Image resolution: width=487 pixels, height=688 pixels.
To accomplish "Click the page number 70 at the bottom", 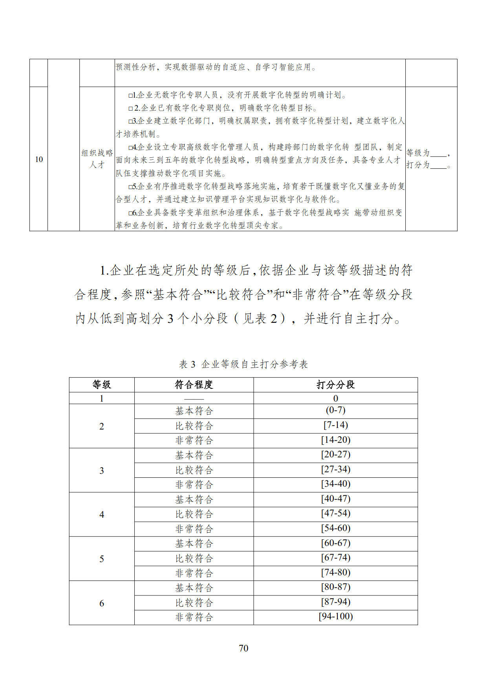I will click(x=243, y=648).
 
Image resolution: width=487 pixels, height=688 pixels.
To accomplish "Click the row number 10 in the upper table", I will click(x=39, y=159).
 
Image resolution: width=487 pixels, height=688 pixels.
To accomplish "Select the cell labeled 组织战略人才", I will click(x=97, y=159).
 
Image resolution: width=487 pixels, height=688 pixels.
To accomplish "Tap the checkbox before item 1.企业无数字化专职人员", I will click(x=130, y=95).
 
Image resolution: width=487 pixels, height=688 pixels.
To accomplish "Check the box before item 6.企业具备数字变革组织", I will click(x=130, y=213).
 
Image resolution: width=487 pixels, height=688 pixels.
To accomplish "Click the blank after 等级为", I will click(x=438, y=153).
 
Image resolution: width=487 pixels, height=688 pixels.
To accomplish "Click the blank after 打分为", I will click(x=438, y=165).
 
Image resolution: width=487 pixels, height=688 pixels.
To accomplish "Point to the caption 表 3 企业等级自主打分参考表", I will click(x=243, y=364).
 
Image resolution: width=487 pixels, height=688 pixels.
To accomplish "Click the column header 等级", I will click(x=102, y=385).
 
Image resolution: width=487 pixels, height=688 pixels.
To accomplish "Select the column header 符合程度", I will click(x=194, y=385).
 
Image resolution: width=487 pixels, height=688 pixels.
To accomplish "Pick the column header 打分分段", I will click(x=335, y=385).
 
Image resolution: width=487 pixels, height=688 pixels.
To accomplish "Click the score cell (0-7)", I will click(x=335, y=410).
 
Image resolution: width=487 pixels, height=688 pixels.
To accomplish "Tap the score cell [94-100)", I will click(x=335, y=616).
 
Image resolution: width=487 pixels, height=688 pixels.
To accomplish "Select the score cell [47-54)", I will click(x=335, y=513).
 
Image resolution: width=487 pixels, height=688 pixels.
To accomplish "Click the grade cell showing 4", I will click(x=102, y=515).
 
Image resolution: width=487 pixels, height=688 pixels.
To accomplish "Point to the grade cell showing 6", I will click(x=102, y=603).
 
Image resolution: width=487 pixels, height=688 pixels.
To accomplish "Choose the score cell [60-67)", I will click(x=335, y=543).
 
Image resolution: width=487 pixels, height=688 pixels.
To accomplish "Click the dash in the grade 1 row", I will click(x=194, y=399).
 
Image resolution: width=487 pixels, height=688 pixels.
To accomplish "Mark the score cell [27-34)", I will click(x=335, y=469).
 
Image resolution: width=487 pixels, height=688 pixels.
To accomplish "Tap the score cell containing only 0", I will click(x=335, y=399).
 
